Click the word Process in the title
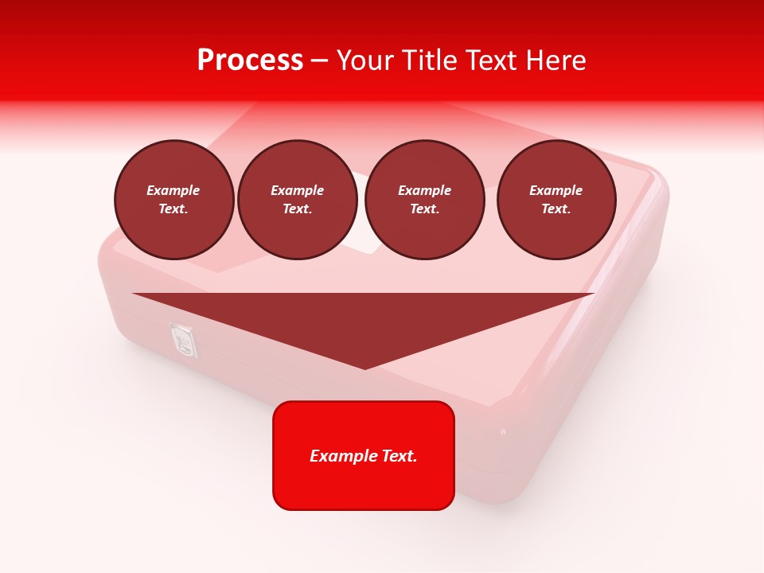(250, 60)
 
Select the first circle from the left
(174, 200)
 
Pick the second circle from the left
(298, 200)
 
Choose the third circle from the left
(425, 200)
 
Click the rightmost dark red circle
(556, 200)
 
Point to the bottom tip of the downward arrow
(364, 367)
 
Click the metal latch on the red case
(183, 341)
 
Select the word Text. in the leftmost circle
(173, 209)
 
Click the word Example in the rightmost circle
(556, 190)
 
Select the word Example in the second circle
(298, 190)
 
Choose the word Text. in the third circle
(425, 209)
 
